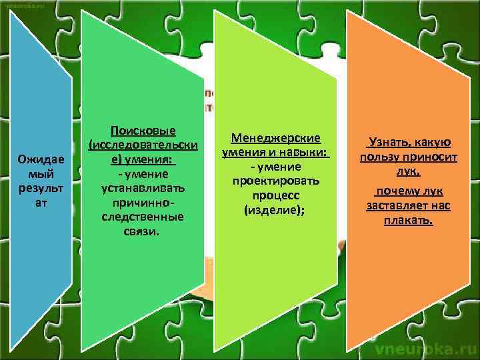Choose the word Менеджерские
[x=276, y=138]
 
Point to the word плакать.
[x=408, y=220]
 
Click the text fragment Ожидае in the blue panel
[x=41, y=160]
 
